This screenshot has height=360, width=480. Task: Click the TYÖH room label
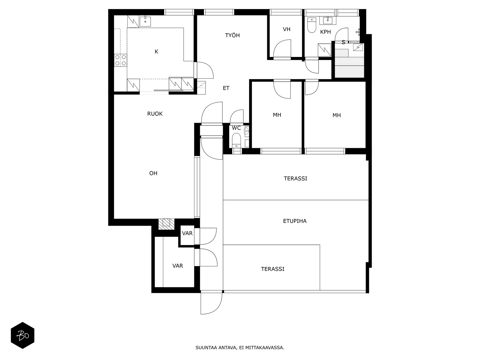click(x=232, y=35)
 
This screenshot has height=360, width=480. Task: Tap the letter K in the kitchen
click(x=156, y=52)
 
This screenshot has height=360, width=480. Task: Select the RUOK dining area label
click(x=155, y=114)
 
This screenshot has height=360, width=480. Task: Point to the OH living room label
click(x=153, y=173)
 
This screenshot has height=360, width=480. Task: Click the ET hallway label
click(x=226, y=88)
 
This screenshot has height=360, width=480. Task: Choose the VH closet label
click(x=286, y=29)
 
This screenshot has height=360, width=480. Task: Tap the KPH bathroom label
click(x=325, y=32)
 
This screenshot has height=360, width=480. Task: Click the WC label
click(x=236, y=128)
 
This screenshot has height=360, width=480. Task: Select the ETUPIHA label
click(x=295, y=221)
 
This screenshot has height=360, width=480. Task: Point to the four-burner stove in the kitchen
click(x=121, y=60)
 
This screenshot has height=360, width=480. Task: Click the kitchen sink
click(x=145, y=21)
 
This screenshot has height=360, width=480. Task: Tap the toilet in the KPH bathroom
click(x=312, y=25)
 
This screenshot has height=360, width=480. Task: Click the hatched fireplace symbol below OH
click(x=166, y=224)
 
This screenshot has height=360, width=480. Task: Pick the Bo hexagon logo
click(x=22, y=335)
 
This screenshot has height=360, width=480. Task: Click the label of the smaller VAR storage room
click(x=187, y=233)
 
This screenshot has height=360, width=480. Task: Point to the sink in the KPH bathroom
click(x=328, y=20)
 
